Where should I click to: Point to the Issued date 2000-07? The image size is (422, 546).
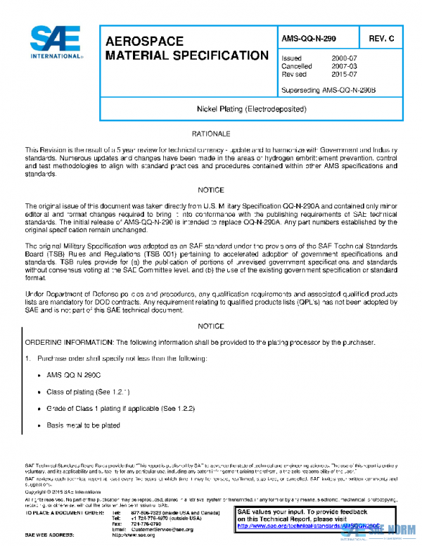coord(344,58)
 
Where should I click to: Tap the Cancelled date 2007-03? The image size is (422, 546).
coord(344,66)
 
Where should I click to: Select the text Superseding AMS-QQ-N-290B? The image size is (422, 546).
coord(328,90)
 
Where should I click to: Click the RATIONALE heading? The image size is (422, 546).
coord(211,134)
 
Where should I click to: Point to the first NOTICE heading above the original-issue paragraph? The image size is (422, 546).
coord(211,190)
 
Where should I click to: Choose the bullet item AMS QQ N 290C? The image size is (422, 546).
coord(72,376)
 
